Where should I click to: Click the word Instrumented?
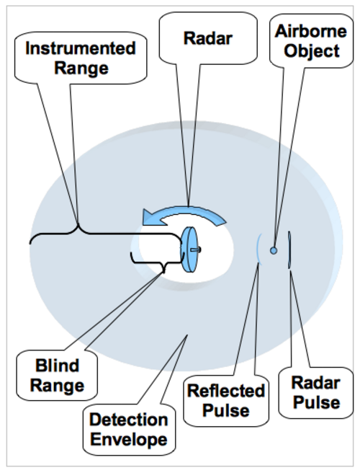(x=81, y=48)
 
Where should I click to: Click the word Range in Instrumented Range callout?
(x=81, y=68)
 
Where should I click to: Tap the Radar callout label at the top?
(x=208, y=38)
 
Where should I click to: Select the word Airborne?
(x=311, y=32)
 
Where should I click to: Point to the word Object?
(x=312, y=51)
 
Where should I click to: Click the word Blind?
(x=57, y=366)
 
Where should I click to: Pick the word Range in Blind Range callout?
(x=57, y=386)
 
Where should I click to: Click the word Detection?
(x=129, y=420)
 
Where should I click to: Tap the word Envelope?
(x=129, y=439)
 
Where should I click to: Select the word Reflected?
(x=226, y=391)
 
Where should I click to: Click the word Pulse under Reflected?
(x=226, y=410)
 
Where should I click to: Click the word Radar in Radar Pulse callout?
(x=315, y=383)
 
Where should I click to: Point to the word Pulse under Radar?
(x=316, y=402)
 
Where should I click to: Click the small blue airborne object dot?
(x=273, y=250)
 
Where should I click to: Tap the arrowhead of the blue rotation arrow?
(x=151, y=217)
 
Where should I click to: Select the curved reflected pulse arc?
(x=258, y=249)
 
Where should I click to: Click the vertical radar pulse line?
(x=289, y=249)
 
